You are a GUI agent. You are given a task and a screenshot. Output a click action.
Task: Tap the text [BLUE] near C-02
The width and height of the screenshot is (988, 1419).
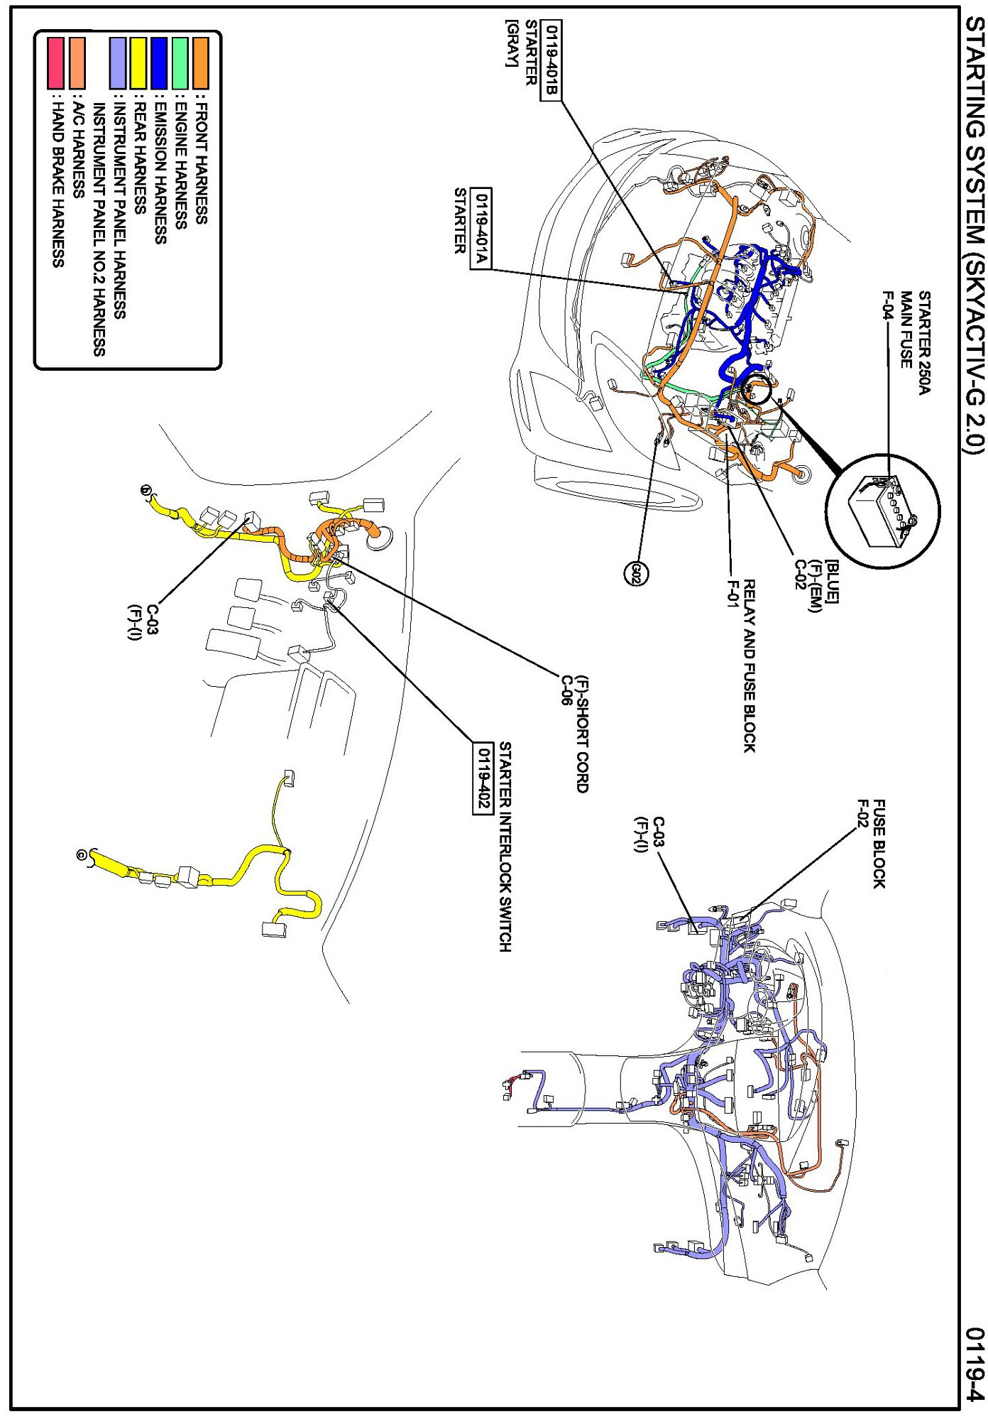click(833, 572)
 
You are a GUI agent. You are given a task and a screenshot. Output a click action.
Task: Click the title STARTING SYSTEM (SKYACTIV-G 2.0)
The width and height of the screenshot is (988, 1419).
click(975, 234)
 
